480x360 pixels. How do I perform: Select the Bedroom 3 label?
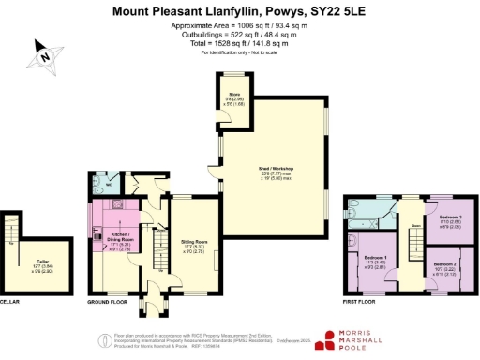click(449, 221)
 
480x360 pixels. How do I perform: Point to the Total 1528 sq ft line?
click(239, 43)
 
